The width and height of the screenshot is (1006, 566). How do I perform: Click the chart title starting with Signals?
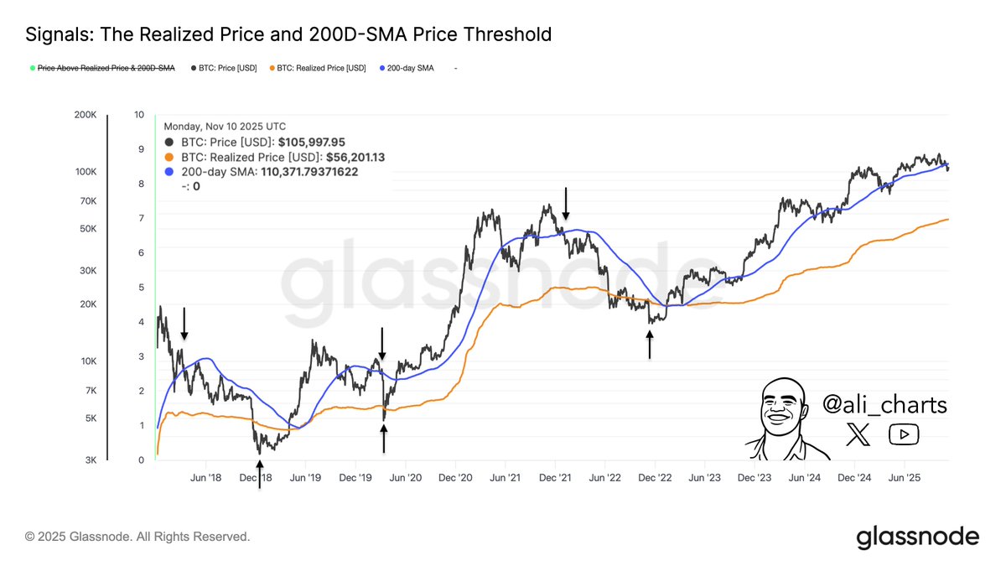tap(288, 34)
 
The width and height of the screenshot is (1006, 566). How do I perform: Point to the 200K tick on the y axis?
tap(86, 115)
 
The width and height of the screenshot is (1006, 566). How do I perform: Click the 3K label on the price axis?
tap(91, 460)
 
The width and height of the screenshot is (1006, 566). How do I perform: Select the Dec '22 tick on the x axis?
tap(655, 477)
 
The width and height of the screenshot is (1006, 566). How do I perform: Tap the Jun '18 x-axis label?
tap(206, 477)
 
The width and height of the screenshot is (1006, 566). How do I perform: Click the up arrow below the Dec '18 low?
tap(259, 474)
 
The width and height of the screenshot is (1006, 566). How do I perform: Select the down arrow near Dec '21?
tap(566, 202)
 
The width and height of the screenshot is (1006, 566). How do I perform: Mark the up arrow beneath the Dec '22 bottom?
tap(650, 344)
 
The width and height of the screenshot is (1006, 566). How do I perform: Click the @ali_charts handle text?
tap(884, 405)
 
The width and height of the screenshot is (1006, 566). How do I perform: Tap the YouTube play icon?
tap(904, 434)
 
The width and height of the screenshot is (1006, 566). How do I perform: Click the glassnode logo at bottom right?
tap(917, 537)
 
